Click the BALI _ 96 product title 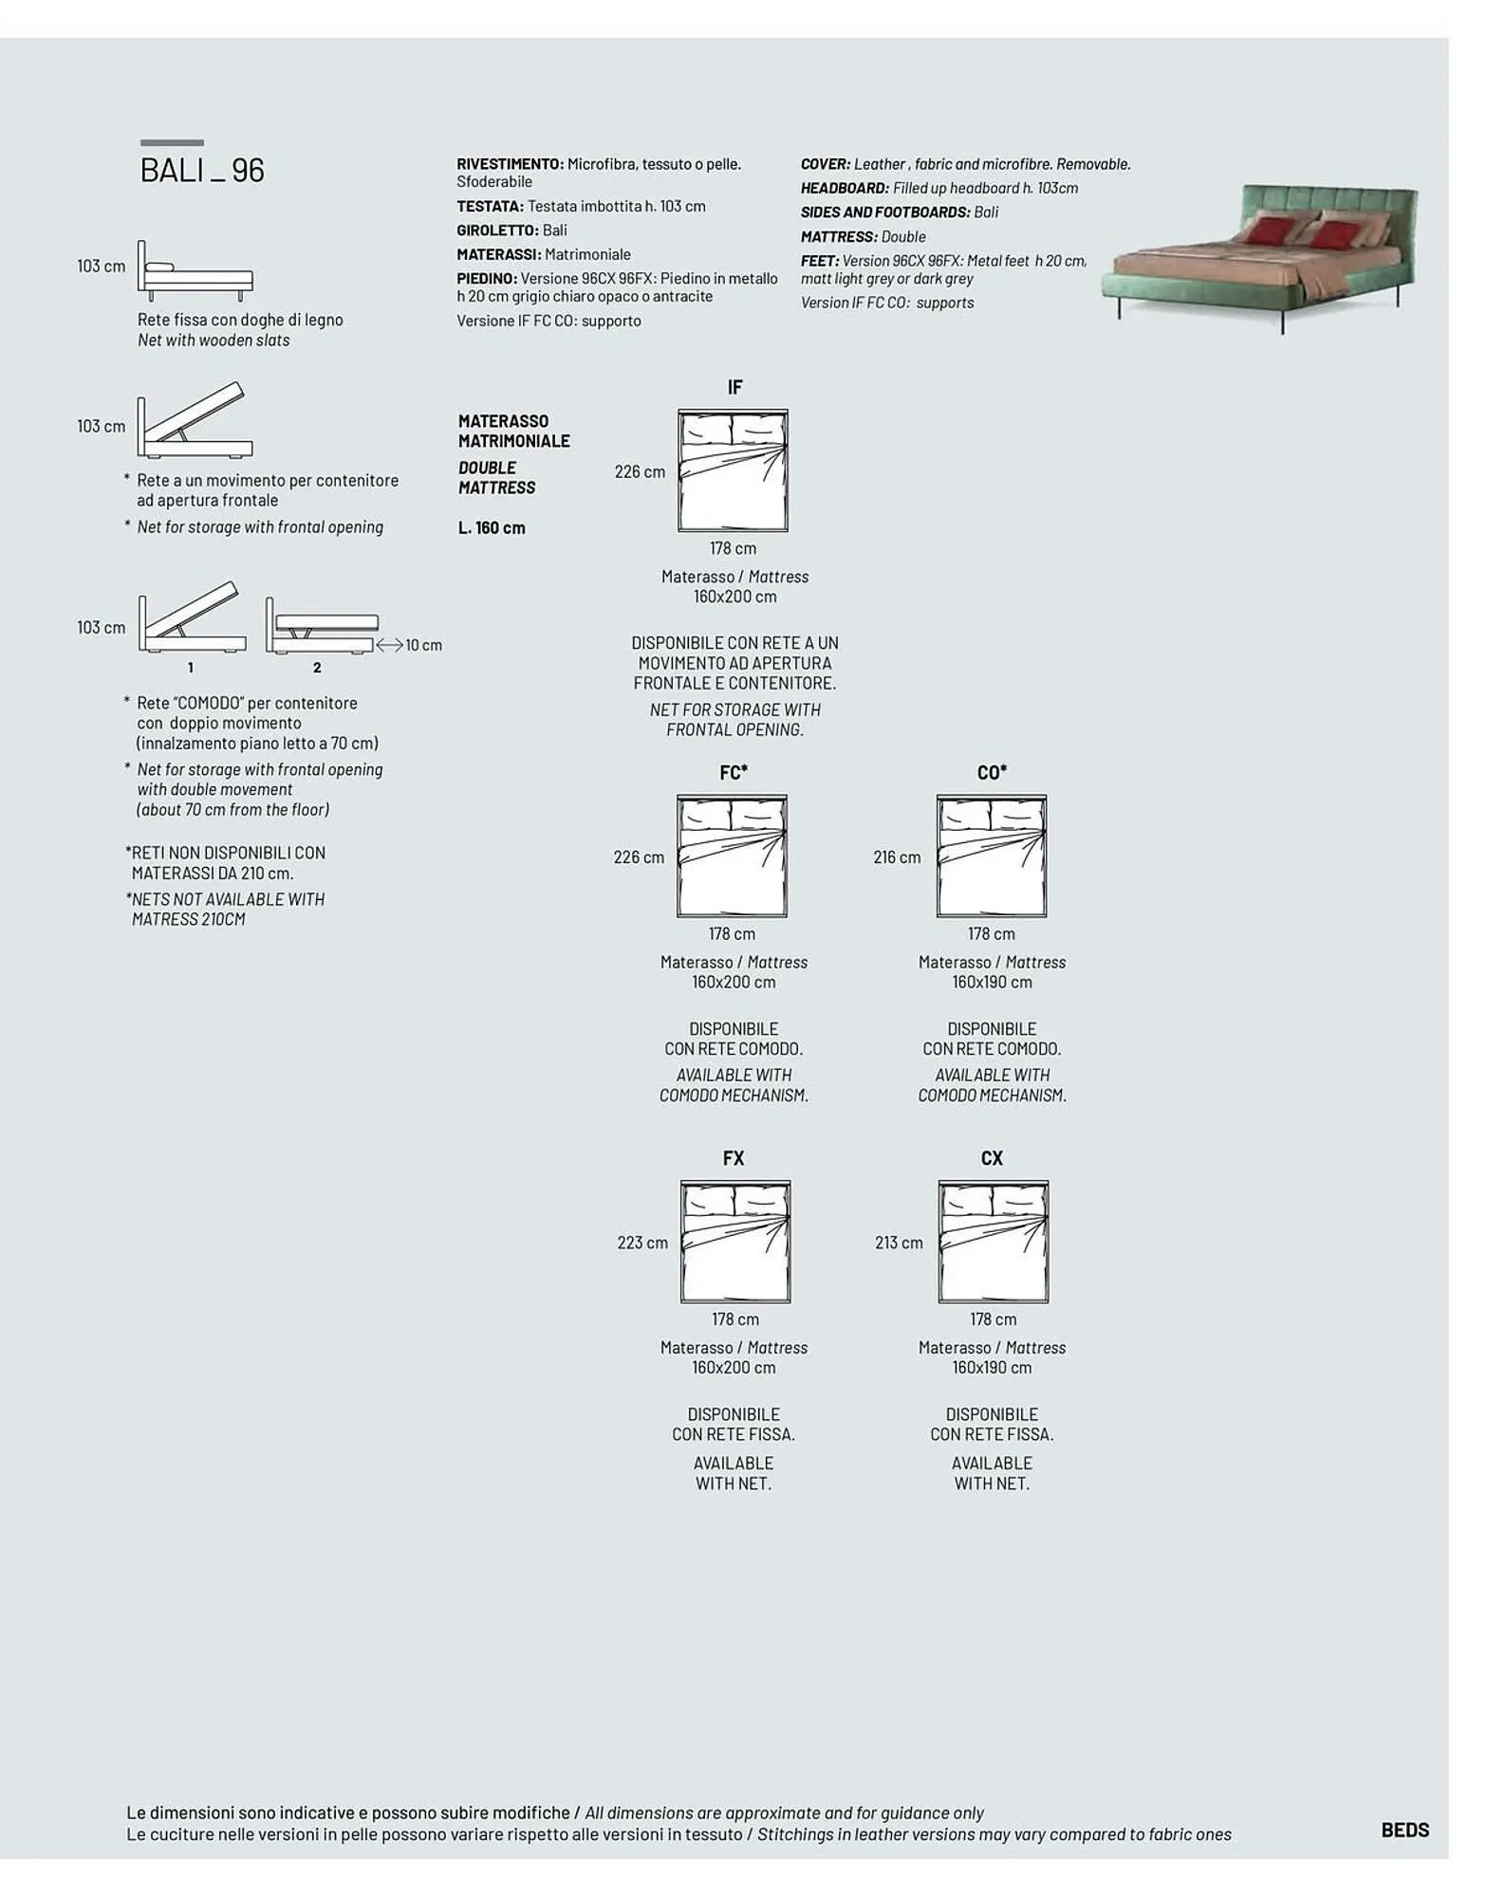click(x=202, y=170)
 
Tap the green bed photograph click(x=1261, y=256)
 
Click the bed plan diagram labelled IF click(x=733, y=470)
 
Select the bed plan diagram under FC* click(x=732, y=856)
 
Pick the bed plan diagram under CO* click(x=992, y=856)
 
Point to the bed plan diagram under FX click(x=734, y=1242)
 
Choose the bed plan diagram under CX click(x=994, y=1242)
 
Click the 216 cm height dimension click(x=897, y=857)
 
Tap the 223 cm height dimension click(x=642, y=1243)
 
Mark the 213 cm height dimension click(x=899, y=1243)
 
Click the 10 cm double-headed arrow click(x=390, y=645)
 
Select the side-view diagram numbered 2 click(x=321, y=627)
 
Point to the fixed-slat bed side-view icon click(x=195, y=271)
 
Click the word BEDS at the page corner click(x=1404, y=1830)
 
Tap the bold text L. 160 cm click(x=492, y=528)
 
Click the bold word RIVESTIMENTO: click(x=511, y=164)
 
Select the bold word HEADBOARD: click(x=845, y=188)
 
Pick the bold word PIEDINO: click(x=487, y=279)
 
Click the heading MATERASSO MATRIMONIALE click(x=513, y=431)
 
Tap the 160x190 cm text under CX click(x=992, y=1368)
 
